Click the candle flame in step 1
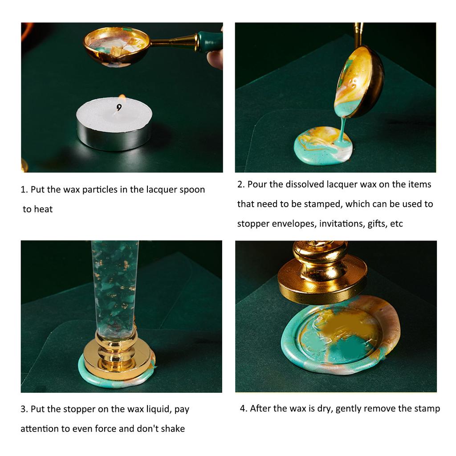(x=121, y=98)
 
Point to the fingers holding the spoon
(x=216, y=58)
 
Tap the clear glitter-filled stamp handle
(x=115, y=285)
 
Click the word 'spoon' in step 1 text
(x=191, y=190)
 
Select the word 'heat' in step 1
(x=43, y=209)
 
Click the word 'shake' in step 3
(x=172, y=429)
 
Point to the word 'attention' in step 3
(x=40, y=429)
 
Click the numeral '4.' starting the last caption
(x=244, y=408)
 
